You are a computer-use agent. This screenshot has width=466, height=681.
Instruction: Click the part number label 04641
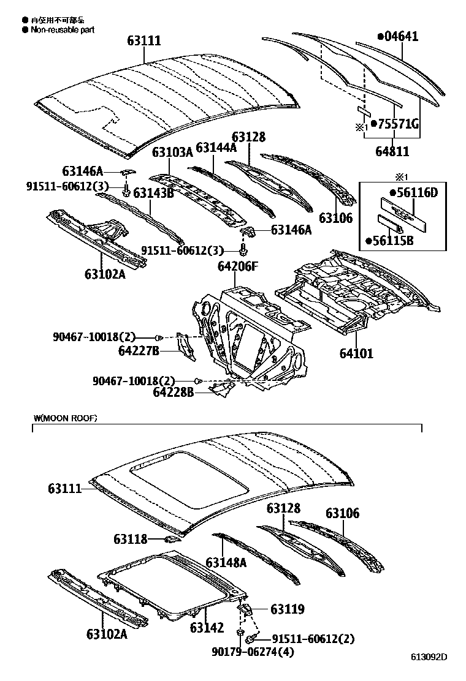[401, 37]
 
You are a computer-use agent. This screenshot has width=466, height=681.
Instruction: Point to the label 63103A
[172, 152]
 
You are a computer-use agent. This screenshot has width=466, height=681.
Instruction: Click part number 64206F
[238, 266]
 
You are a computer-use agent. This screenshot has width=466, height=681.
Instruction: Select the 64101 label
[356, 353]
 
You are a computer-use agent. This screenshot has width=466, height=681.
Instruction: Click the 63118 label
[130, 539]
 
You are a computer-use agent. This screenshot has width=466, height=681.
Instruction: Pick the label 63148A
[226, 562]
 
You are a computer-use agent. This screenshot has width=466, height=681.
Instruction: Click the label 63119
[288, 609]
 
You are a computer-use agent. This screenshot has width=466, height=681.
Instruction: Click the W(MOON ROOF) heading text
[66, 418]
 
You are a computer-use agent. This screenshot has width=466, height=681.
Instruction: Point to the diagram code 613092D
[429, 658]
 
